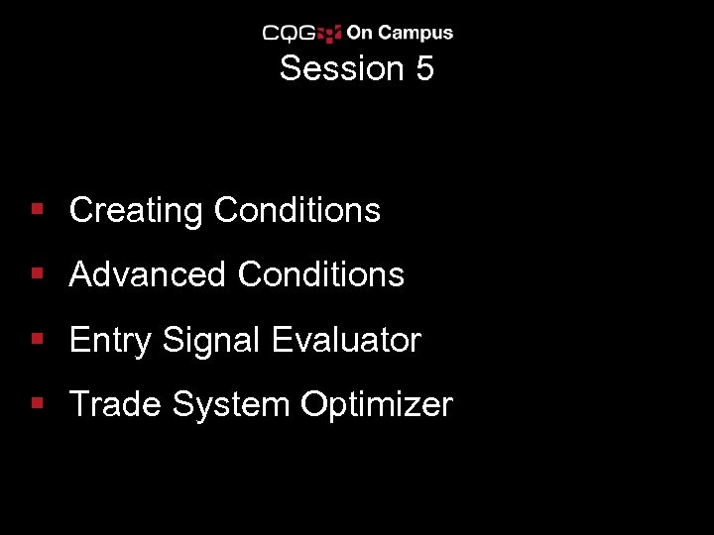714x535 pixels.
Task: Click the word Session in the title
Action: pyautogui.click(x=332, y=69)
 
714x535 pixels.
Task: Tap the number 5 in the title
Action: pyautogui.click(x=424, y=69)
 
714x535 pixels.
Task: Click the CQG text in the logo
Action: pyautogui.click(x=289, y=34)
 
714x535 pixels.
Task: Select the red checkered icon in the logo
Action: pyautogui.click(x=330, y=34)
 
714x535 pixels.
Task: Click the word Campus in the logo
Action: pyautogui.click(x=415, y=34)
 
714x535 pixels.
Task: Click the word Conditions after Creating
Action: pyautogui.click(x=297, y=210)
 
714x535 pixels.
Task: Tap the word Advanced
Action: pyautogui.click(x=148, y=274)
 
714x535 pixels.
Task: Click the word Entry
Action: pyautogui.click(x=110, y=340)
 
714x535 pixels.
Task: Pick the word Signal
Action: pyautogui.click(x=210, y=340)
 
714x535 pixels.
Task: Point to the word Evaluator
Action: pyautogui.click(x=346, y=340)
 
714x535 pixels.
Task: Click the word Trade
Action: pyautogui.click(x=115, y=404)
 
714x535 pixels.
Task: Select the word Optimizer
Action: pyautogui.click(x=377, y=404)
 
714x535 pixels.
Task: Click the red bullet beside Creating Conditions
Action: pyautogui.click(x=37, y=210)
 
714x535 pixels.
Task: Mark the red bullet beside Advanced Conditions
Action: pyautogui.click(x=37, y=274)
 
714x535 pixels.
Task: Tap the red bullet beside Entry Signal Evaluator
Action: pyautogui.click(x=37, y=340)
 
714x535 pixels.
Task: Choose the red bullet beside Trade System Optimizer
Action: pyautogui.click(x=37, y=404)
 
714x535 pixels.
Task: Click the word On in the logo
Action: pyautogui.click(x=359, y=34)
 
